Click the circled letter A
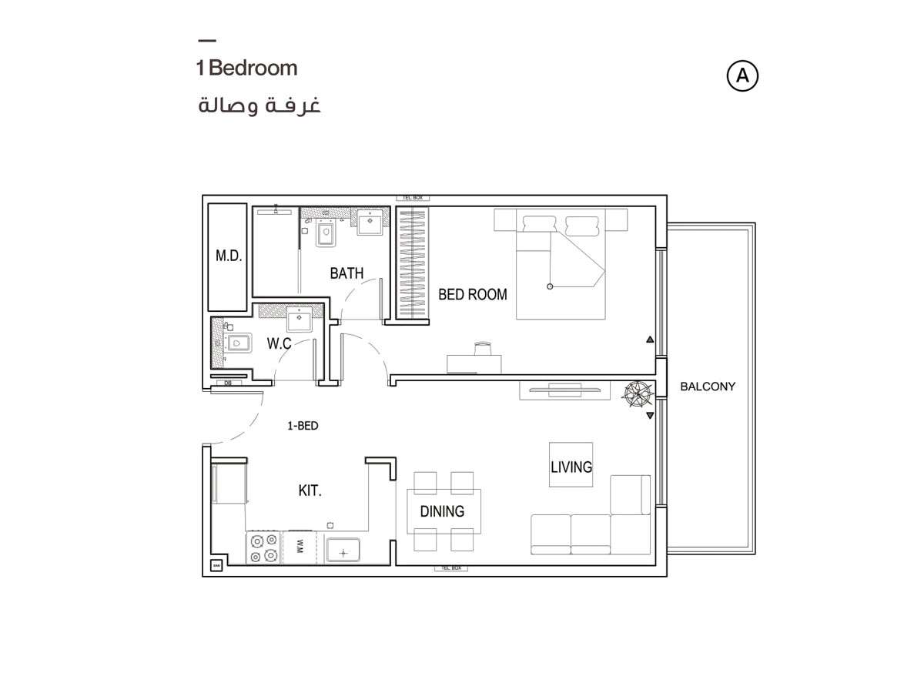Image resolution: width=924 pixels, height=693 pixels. click(x=742, y=75)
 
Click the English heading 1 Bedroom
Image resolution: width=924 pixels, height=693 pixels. click(x=246, y=68)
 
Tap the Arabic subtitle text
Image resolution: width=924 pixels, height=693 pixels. click(x=259, y=105)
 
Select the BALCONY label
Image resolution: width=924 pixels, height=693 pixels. click(x=708, y=387)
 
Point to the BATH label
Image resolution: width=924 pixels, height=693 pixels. click(x=346, y=273)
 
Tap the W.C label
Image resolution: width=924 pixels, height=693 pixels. click(x=279, y=343)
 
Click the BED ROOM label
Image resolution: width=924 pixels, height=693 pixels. click(x=473, y=294)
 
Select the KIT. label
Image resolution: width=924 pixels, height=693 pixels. click(x=310, y=490)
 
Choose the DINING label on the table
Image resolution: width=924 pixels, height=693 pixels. click(x=442, y=511)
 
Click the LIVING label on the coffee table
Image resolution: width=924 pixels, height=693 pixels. click(x=571, y=467)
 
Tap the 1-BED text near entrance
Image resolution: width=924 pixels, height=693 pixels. click(x=303, y=425)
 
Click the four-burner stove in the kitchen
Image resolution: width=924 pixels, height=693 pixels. click(x=263, y=547)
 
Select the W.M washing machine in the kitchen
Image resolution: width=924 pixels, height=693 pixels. click(x=299, y=547)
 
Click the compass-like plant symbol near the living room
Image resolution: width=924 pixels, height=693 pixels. click(x=638, y=393)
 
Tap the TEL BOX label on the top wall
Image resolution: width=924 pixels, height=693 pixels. click(x=412, y=198)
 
